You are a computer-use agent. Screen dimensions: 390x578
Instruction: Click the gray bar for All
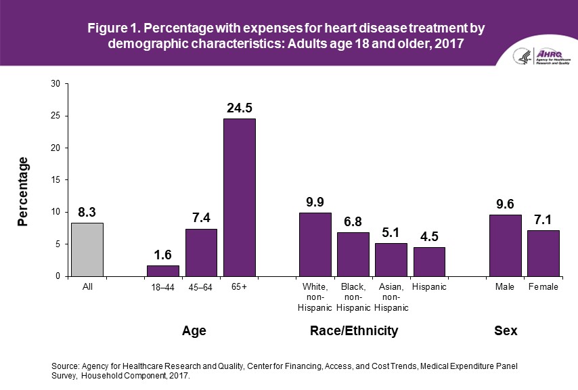87,249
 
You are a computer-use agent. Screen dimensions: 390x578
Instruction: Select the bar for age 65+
240,197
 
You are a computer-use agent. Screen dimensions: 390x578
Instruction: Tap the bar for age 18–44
163,271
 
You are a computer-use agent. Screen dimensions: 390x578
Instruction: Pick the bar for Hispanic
429,261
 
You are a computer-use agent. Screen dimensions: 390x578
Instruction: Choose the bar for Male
505,245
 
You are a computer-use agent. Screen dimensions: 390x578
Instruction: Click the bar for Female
543,253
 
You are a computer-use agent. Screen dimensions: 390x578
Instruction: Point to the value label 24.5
240,107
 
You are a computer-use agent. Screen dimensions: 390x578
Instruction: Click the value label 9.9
315,201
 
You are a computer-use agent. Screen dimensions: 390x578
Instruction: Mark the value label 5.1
391,232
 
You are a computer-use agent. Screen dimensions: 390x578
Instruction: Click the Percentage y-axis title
24,192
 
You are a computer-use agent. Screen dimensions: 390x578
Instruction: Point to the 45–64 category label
201,287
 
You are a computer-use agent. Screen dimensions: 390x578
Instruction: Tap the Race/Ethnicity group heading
353,331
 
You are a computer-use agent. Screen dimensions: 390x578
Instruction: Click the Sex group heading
506,331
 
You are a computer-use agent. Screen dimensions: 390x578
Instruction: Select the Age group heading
194,331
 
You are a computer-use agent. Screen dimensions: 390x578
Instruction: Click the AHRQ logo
541,56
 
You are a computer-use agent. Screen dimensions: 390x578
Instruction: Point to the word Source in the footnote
66,366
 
